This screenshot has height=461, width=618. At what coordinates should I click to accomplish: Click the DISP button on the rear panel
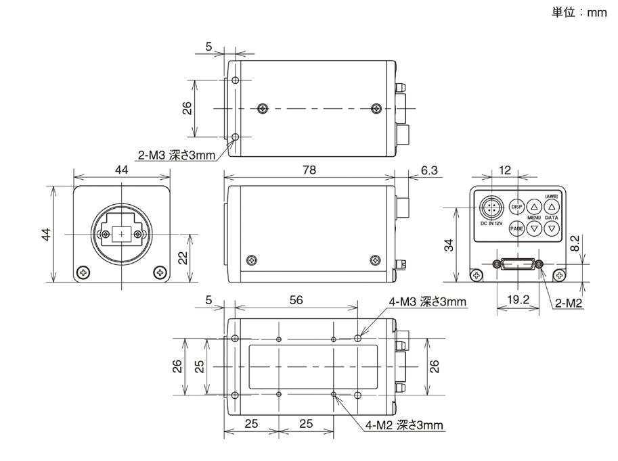pos(516,207)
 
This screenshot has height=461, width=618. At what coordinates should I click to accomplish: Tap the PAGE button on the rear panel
pos(516,228)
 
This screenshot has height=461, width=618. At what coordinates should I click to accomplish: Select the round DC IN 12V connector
pos(491,208)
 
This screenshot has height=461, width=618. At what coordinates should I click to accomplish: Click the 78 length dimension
pos(309,170)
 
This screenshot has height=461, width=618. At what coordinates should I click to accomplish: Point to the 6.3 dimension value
pos(429,170)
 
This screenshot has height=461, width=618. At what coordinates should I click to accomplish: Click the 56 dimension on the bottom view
pos(296,300)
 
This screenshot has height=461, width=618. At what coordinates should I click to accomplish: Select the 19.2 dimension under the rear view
pos(518,299)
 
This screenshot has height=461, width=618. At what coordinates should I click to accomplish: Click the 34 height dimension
pos(449,245)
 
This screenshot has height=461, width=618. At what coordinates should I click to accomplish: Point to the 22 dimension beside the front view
pos(183,258)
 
